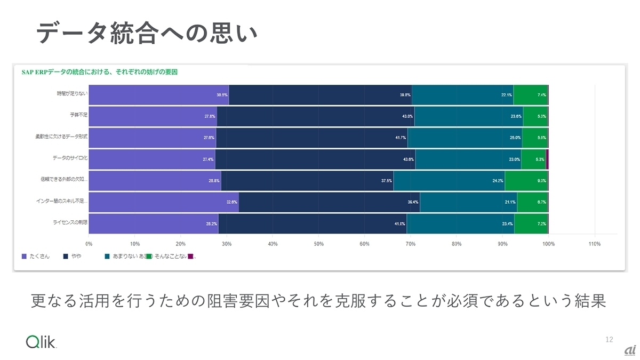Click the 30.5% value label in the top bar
click(222, 95)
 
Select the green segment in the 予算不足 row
click(535, 116)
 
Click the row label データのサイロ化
click(70, 158)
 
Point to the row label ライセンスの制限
click(70, 222)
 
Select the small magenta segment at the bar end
click(547, 159)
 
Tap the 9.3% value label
click(541, 181)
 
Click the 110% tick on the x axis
click(594, 244)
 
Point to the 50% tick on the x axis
click(318, 244)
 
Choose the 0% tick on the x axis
click(89, 244)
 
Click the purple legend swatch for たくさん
click(24, 257)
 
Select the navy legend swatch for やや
click(66, 257)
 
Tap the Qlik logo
click(41, 342)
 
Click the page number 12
click(610, 340)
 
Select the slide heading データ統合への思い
click(147, 33)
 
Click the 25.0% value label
click(515, 138)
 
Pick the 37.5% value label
click(386, 181)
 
